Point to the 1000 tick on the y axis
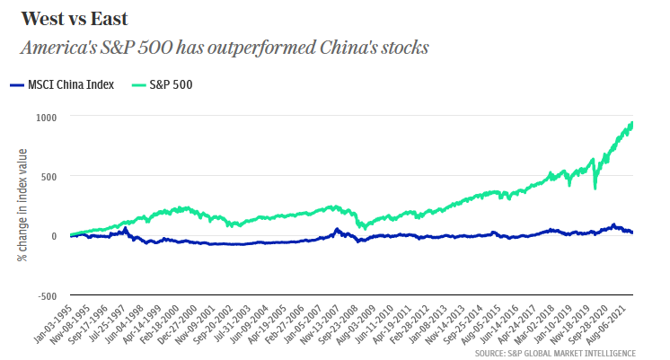[47, 117]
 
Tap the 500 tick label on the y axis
[49, 176]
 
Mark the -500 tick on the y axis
[47, 295]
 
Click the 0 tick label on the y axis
[54, 236]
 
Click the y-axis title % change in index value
[22, 206]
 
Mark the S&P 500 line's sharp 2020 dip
[595, 188]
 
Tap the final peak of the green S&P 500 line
[632, 122]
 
